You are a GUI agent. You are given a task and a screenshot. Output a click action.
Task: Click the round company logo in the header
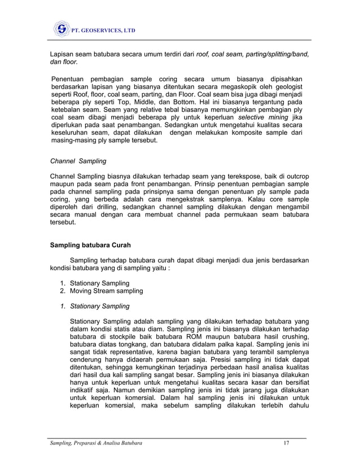coord(61,29)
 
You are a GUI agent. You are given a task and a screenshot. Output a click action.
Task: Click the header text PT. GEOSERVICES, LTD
coord(103,29)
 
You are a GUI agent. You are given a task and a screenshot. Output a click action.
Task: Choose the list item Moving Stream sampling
coord(106,291)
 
